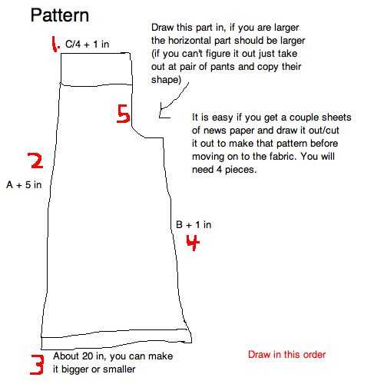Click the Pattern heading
[60, 15]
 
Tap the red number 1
[55, 44]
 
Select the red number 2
[35, 161]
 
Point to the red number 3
[37, 365]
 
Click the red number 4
[193, 243]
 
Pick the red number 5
[123, 114]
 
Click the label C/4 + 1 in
[88, 44]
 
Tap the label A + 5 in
[24, 184]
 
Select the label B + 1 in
[194, 225]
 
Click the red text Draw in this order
[286, 355]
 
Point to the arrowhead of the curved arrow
[160, 116]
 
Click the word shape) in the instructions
[166, 80]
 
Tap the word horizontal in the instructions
[190, 41]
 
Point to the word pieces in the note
[240, 170]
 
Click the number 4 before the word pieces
[219, 170]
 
